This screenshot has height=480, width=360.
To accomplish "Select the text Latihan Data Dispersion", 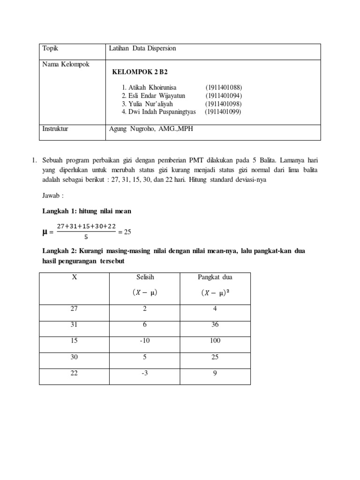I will tap(142, 48).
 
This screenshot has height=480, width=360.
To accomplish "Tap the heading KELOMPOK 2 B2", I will tap(140, 72).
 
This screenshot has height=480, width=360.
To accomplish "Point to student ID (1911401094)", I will tap(223, 96).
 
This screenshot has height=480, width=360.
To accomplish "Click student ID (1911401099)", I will tap(223, 112).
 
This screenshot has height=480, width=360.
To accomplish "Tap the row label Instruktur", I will tap(55, 128).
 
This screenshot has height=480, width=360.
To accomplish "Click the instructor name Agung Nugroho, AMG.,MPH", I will tap(150, 128).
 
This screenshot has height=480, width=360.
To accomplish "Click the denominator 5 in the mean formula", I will tap(86, 237).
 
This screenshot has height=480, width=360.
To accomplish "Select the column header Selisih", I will tap(144, 277).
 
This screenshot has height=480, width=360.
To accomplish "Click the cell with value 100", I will tap(215, 341).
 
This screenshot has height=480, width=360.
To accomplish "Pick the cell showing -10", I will tap(144, 341).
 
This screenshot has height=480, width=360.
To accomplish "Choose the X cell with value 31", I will tap(74, 325).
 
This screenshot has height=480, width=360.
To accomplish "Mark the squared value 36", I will tap(215, 325).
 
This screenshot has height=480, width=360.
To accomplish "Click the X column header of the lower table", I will tap(74, 277).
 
